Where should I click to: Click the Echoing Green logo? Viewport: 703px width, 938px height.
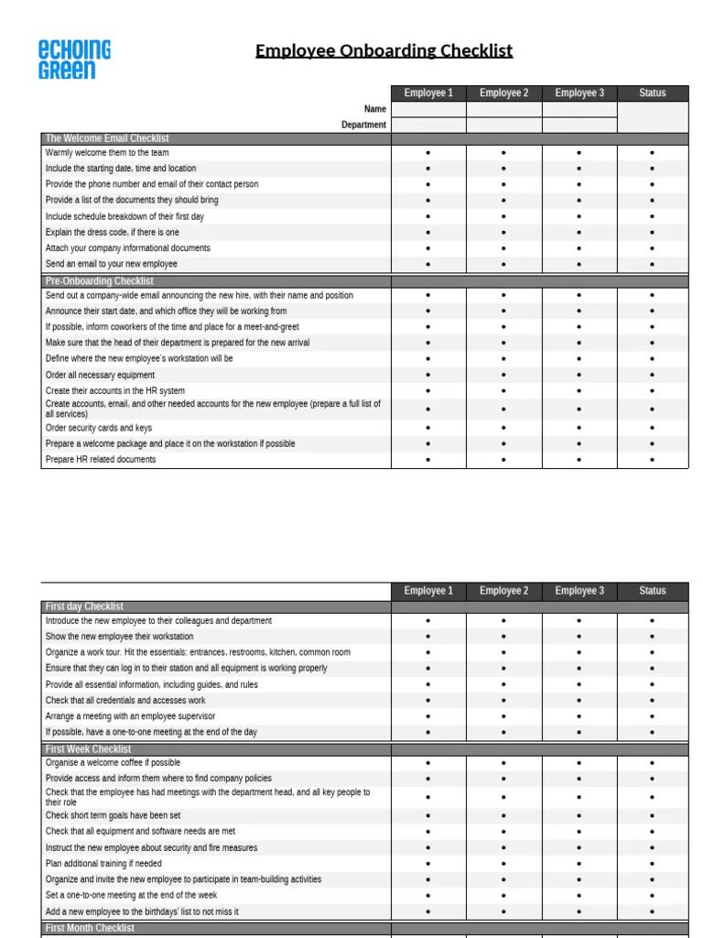pos(74,60)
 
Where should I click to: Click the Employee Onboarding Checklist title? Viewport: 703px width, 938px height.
pos(384,50)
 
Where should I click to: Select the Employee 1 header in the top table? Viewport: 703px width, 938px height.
pos(428,93)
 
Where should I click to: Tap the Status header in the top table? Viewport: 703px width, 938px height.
pos(653,93)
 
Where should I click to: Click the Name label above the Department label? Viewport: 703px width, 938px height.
pos(375,109)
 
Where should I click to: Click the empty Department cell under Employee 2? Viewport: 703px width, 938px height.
pos(503,125)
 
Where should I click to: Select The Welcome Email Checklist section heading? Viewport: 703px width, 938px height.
pos(107,138)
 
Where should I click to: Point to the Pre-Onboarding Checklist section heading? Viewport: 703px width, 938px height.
pos(100,281)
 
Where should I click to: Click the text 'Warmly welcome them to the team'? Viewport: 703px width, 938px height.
pos(107,153)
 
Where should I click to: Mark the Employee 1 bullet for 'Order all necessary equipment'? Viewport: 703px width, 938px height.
pos(428,375)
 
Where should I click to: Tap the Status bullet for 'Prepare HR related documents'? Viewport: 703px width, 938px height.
pos(653,460)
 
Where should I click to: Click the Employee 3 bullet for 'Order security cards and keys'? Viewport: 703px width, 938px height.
pos(579,428)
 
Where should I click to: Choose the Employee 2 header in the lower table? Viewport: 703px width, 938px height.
pos(503,591)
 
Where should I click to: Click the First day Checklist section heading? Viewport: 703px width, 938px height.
pos(84,606)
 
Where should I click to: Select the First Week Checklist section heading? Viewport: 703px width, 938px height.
pos(89,749)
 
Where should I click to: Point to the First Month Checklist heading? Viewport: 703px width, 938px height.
pos(90,928)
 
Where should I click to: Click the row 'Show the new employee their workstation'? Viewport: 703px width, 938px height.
pos(120,637)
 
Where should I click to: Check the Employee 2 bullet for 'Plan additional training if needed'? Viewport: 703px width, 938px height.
pos(503,864)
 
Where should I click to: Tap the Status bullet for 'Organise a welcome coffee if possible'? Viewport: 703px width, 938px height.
pos(653,763)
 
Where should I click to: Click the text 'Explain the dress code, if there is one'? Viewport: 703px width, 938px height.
pos(113,233)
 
